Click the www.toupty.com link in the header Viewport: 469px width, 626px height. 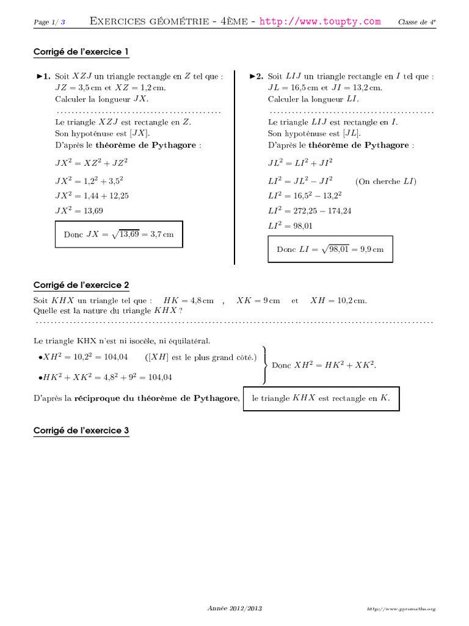[320, 21]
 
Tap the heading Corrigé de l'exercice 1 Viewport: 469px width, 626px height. [81, 53]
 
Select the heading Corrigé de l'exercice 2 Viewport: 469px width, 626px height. [81, 285]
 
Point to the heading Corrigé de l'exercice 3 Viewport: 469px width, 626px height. [81, 430]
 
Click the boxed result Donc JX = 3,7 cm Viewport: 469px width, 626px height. [118, 234]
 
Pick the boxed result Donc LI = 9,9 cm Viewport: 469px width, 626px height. [330, 249]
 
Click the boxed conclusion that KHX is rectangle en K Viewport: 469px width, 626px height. [321, 398]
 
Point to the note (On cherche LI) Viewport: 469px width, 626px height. [385, 182]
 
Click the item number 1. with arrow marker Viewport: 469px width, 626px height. [43, 77]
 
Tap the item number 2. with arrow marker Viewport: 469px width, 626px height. [256, 77]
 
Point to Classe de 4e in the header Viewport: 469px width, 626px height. [417, 22]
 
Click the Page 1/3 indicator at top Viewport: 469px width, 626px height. [49, 23]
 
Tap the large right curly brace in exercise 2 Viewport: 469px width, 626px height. [264, 364]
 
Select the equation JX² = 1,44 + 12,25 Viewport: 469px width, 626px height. [92, 196]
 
